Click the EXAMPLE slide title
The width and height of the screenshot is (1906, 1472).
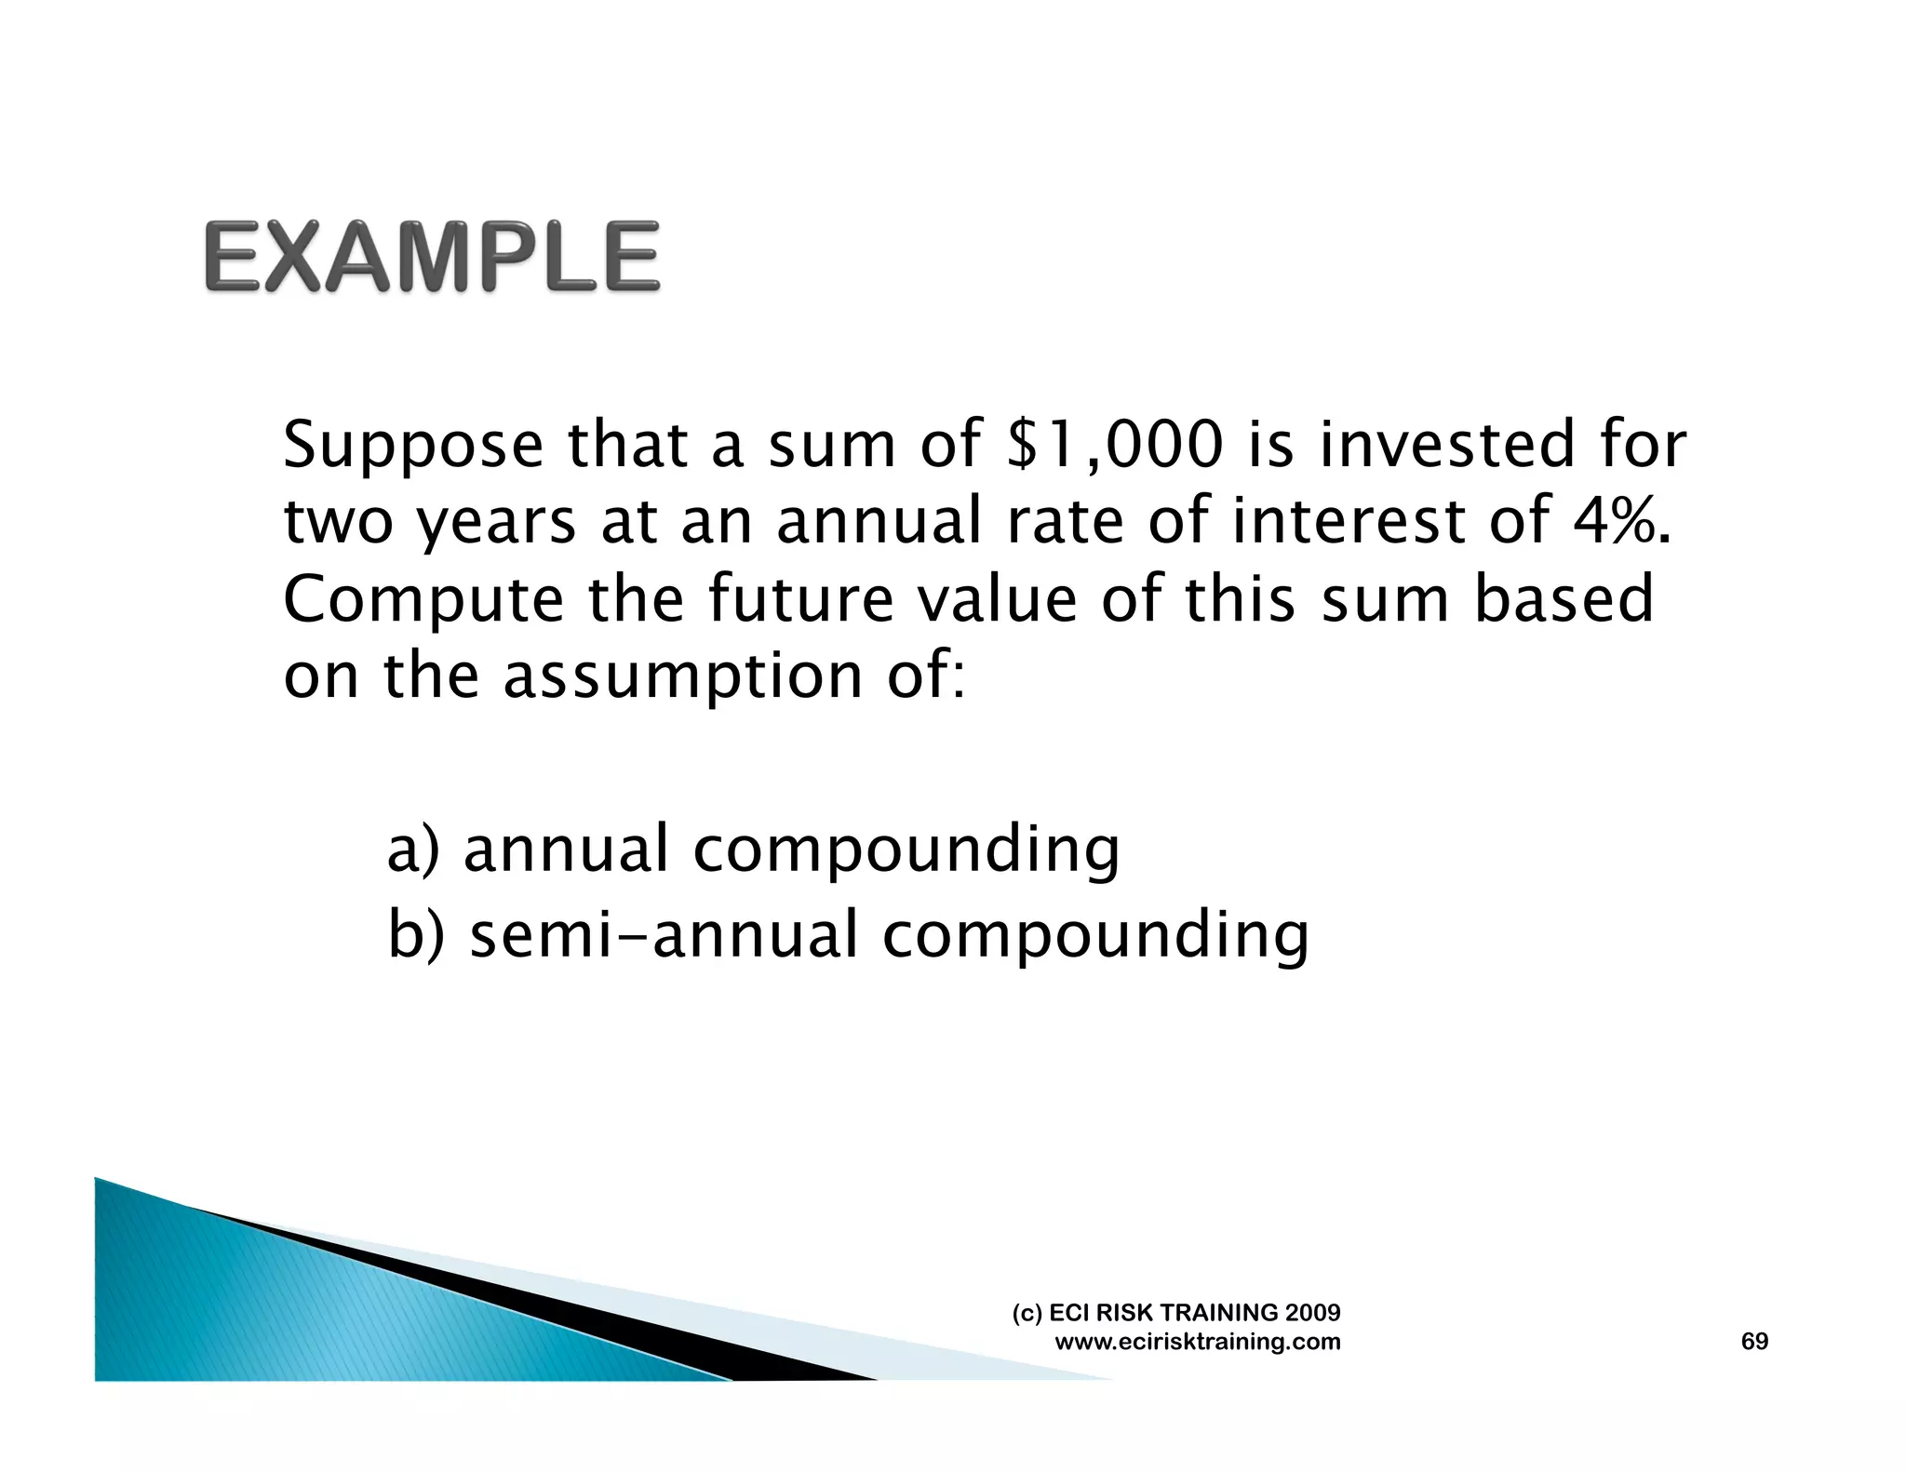tap(432, 256)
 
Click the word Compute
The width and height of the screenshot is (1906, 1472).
tap(423, 600)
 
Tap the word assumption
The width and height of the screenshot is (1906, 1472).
tap(682, 676)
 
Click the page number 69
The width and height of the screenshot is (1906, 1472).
tap(1754, 1341)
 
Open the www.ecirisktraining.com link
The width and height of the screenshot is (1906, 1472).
tap(1198, 1342)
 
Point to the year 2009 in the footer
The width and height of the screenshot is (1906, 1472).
tap(1312, 1312)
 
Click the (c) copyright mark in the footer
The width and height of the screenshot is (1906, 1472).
tap(1027, 1313)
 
